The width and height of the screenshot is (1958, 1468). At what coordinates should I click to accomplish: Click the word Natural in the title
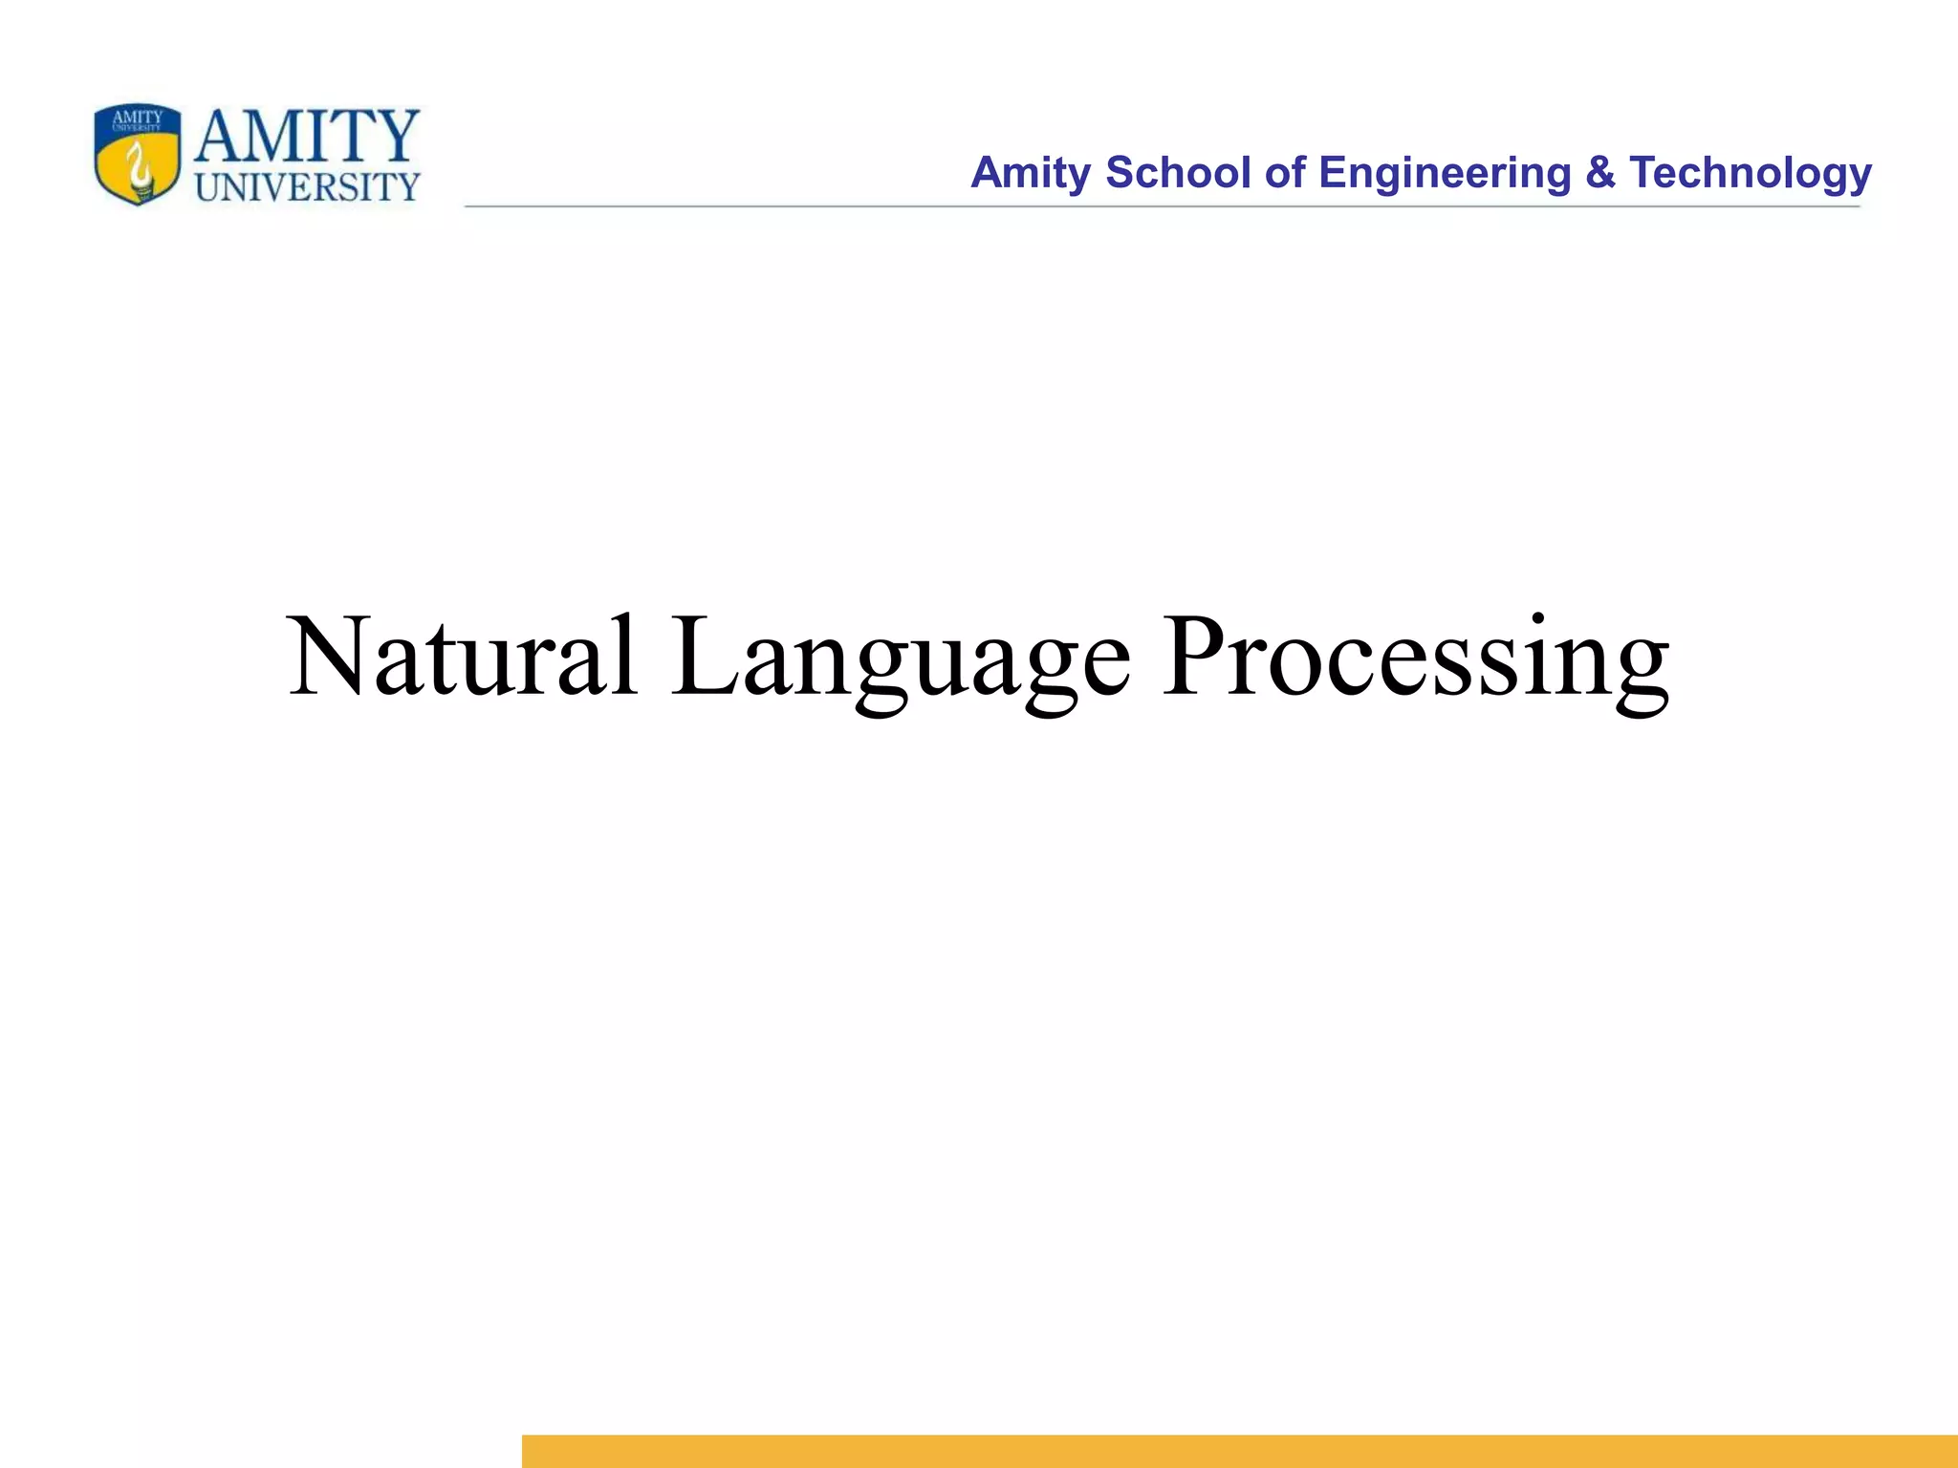tap(462, 658)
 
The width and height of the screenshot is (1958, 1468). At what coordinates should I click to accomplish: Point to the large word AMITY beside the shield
tap(306, 136)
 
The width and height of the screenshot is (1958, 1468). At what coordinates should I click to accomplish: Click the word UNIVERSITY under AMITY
tap(307, 187)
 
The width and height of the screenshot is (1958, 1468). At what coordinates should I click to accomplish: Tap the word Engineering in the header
tap(1445, 173)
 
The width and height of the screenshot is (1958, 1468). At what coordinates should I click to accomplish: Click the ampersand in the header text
tap(1599, 173)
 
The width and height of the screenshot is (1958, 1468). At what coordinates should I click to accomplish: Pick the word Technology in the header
tap(1750, 173)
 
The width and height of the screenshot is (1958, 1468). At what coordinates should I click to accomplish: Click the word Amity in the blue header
tap(1031, 173)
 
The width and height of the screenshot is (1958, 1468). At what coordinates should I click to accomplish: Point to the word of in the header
tap(1284, 173)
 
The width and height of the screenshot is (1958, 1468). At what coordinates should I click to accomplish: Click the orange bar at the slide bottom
tap(1239, 1451)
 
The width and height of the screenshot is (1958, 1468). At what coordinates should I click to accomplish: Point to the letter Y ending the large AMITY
tap(396, 136)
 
